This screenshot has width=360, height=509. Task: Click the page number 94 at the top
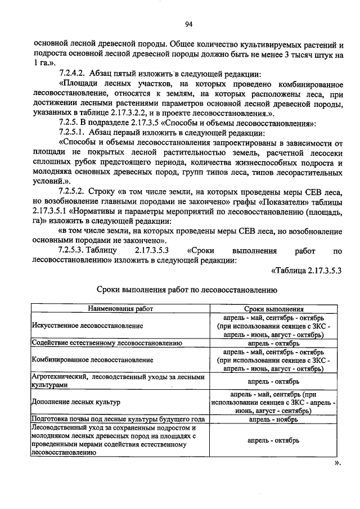(x=188, y=24)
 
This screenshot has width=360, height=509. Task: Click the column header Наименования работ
(x=119, y=309)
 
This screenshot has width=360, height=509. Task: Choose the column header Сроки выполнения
(x=274, y=309)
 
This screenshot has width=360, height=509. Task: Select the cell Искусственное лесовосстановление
(x=87, y=326)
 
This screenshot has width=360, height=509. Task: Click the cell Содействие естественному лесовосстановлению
(x=106, y=342)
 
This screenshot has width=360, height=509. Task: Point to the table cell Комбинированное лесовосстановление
(x=92, y=358)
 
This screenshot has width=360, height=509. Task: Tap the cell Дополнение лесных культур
(x=75, y=403)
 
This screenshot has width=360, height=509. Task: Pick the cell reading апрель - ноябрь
(x=273, y=419)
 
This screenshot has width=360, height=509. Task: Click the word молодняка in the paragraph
(x=56, y=172)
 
